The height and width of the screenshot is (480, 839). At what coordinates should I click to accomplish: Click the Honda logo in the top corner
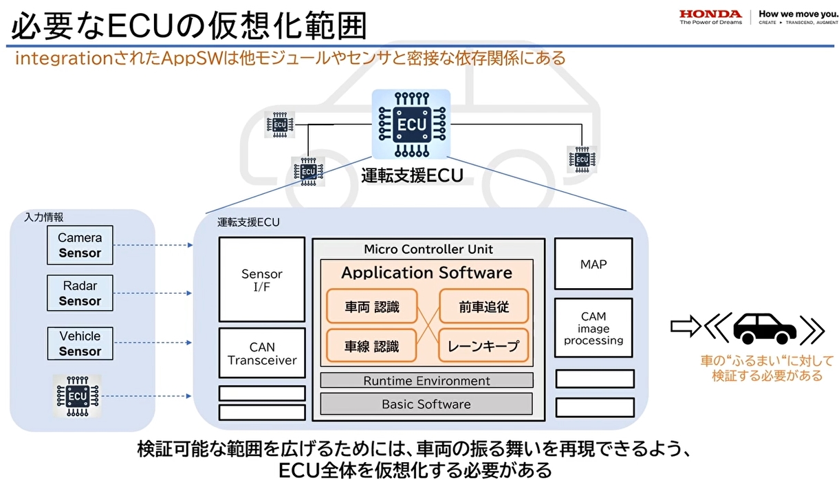[710, 17]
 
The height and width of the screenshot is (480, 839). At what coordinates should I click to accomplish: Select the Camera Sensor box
[80, 246]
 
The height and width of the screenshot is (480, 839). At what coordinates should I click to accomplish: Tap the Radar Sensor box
[80, 294]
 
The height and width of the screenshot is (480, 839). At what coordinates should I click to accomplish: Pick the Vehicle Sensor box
[80, 343]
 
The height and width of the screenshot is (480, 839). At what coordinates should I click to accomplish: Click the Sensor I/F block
[261, 280]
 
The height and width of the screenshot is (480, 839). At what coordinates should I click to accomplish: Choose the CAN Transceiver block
[261, 353]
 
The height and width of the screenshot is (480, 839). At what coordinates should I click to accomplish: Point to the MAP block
[593, 264]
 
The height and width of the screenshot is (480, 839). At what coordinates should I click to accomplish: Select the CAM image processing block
[593, 328]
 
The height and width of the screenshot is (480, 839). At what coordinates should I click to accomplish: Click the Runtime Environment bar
[426, 380]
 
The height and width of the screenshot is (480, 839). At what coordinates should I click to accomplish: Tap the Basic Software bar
[426, 404]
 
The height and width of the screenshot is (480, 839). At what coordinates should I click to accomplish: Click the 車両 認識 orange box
[372, 307]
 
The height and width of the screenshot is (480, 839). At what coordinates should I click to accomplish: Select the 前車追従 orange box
[483, 307]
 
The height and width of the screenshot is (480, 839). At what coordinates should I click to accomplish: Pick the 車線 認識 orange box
[372, 346]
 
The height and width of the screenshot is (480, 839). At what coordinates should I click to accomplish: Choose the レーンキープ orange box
[483, 346]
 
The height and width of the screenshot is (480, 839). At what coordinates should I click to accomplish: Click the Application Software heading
[426, 272]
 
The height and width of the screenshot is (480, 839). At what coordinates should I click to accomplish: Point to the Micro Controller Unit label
[428, 249]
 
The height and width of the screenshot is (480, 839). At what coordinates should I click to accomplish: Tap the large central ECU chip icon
[411, 124]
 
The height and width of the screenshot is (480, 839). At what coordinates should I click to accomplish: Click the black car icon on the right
[764, 329]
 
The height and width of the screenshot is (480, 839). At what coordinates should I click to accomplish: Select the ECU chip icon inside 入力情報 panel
[77, 396]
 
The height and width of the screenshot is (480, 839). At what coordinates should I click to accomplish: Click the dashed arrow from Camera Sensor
[152, 245]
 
